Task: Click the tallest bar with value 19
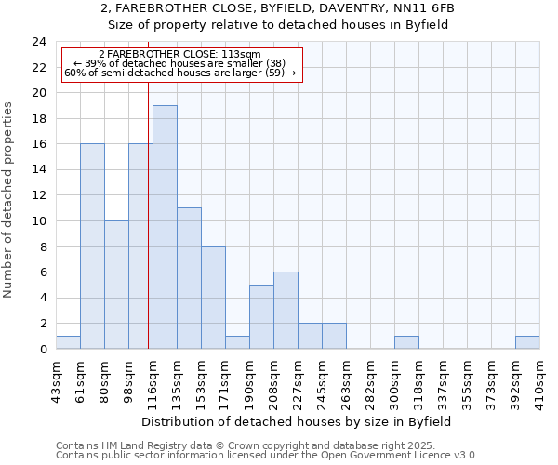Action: [x=165, y=227]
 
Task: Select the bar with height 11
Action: [x=189, y=278]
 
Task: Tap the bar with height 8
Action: [x=213, y=298]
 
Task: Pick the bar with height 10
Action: [x=116, y=285]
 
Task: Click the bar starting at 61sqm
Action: [x=92, y=246]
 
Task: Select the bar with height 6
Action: [x=286, y=311]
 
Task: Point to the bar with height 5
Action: [x=261, y=317]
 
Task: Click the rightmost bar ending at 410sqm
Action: [x=527, y=342]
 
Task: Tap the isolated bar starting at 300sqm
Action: [x=406, y=342]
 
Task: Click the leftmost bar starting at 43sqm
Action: [x=68, y=342]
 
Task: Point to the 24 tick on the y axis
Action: [x=38, y=42]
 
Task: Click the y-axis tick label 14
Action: [x=38, y=170]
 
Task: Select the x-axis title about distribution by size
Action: [x=298, y=421]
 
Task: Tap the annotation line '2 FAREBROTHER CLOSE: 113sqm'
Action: [x=179, y=55]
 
